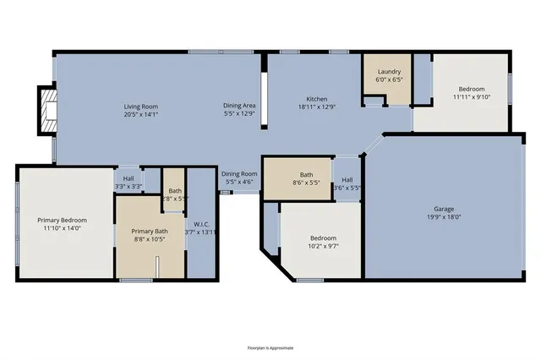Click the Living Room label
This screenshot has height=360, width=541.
[141, 106]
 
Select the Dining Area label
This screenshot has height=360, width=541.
[239, 106]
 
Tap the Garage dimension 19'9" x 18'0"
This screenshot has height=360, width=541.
[445, 216]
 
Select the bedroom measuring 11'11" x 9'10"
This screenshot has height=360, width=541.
[471, 93]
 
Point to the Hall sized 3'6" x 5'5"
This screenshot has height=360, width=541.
[347, 183]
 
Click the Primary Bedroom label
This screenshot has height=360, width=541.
[62, 220]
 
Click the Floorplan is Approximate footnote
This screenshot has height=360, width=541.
[270, 347]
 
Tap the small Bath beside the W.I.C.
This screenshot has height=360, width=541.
[174, 194]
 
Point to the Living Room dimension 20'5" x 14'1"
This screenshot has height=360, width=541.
[141, 114]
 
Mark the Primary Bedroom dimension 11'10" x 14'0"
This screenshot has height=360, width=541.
[62, 228]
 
